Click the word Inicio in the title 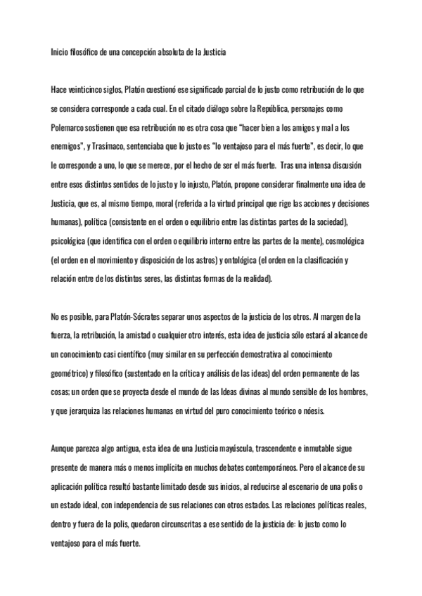(61, 53)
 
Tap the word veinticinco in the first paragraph (89, 91)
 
